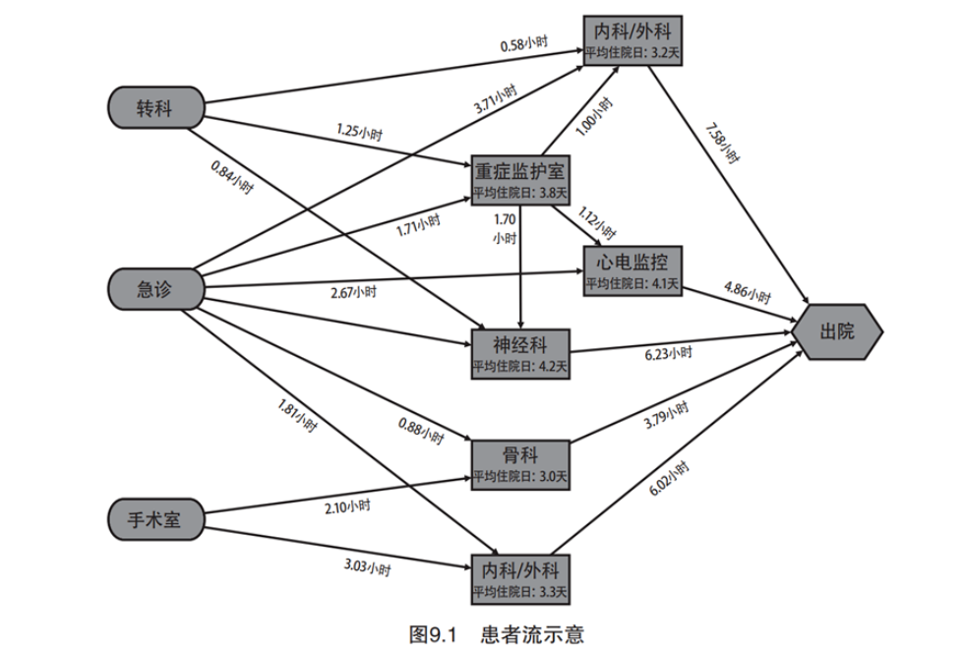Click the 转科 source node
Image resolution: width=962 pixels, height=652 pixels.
[x=155, y=108]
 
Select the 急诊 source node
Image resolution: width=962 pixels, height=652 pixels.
[x=155, y=287]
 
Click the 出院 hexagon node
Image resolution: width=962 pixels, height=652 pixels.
[x=838, y=331]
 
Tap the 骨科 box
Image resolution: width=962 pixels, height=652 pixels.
[x=519, y=463]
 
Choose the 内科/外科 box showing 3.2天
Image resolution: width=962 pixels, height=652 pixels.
[x=631, y=38]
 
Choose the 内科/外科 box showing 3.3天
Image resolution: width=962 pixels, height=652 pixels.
[x=519, y=580]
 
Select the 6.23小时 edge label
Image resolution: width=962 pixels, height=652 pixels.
[x=667, y=354]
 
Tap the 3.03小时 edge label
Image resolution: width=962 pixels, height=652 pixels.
[x=367, y=568]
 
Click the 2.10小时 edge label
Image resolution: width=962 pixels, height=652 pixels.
[x=347, y=505]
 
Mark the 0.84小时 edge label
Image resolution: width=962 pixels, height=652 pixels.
[x=232, y=176]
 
